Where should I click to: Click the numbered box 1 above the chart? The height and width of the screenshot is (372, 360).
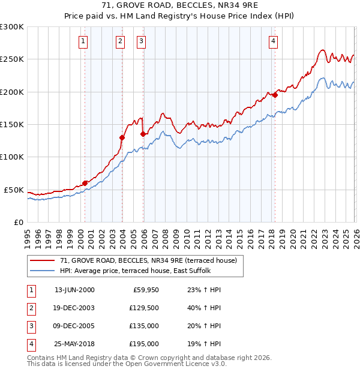click(82, 41)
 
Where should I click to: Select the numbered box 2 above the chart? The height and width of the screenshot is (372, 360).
click(120, 41)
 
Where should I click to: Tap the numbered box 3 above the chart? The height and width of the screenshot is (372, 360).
click(141, 41)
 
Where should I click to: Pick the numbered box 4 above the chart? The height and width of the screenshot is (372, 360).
click(273, 41)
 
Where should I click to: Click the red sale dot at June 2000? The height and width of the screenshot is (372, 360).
click(85, 182)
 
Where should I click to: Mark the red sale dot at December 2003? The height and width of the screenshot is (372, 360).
click(122, 137)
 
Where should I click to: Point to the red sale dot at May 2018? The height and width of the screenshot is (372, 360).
click(275, 95)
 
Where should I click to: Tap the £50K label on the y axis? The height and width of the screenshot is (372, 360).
click(14, 190)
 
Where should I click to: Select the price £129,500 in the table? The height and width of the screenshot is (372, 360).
click(144, 308)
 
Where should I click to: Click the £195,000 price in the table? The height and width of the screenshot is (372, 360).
click(144, 344)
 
